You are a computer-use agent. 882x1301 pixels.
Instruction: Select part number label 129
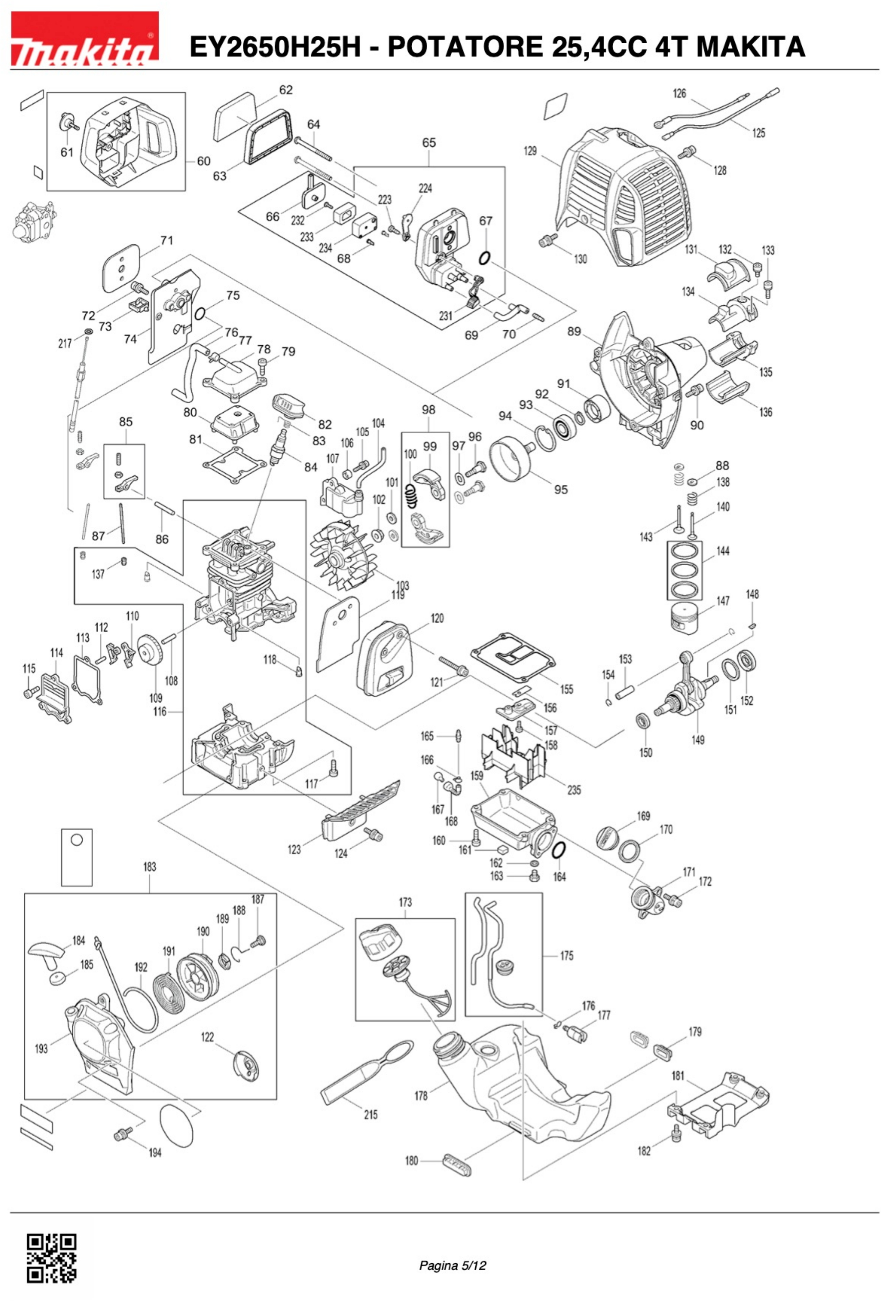(x=529, y=151)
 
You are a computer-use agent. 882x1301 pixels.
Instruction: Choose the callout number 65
(x=429, y=143)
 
